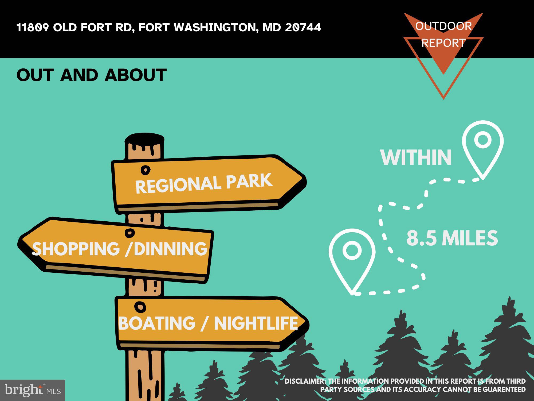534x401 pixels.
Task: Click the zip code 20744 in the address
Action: [x=303, y=27]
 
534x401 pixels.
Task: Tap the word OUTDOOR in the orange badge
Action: [x=443, y=26]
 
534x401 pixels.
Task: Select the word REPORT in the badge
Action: [x=443, y=43]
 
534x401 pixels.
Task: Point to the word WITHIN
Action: [x=416, y=157]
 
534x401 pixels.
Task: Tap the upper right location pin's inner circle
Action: [x=483, y=140]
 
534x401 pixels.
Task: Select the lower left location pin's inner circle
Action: [x=352, y=250]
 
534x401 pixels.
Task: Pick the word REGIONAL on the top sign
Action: [x=178, y=185]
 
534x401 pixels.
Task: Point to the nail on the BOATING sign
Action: [x=140, y=307]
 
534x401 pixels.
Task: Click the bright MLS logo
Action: [x=33, y=390]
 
